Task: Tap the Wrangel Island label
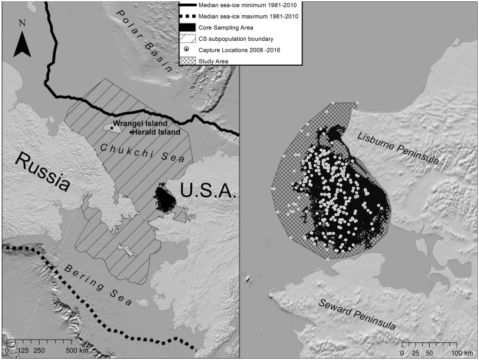point(141,123)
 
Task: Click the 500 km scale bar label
point(79,351)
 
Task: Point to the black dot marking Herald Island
point(132,132)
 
